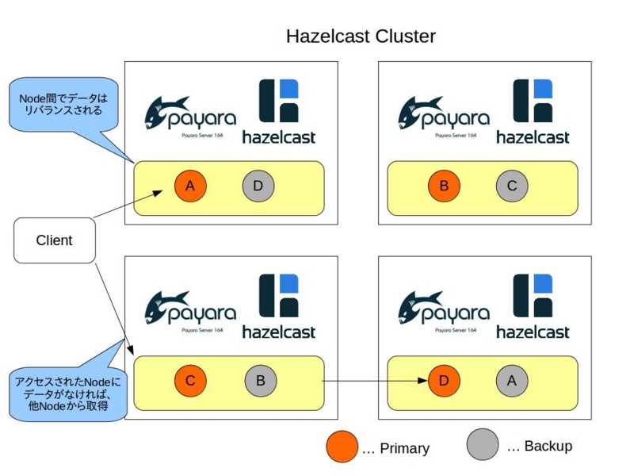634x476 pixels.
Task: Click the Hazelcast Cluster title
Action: [361, 36]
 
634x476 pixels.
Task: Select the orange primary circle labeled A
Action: [190, 186]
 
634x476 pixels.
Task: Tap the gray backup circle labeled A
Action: [512, 381]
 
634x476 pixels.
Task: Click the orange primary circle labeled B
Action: [444, 186]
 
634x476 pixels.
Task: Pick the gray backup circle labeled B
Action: [260, 381]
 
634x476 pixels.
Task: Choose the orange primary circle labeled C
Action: [190, 381]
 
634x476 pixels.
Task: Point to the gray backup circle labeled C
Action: [512, 186]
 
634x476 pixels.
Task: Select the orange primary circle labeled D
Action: [444, 381]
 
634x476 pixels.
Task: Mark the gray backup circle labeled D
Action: [258, 186]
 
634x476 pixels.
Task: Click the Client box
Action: [54, 240]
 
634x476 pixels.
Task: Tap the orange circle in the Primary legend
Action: [342, 447]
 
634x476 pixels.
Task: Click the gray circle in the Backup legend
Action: [483, 445]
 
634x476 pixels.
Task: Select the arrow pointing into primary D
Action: [372, 382]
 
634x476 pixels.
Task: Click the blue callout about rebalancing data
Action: [61, 104]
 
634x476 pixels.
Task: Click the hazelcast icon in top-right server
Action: [532, 101]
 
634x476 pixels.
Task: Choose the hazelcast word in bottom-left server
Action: [279, 332]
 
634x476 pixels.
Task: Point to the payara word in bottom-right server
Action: [455, 313]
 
